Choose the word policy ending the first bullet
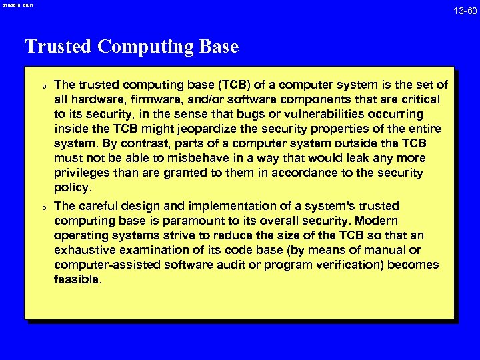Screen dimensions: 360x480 (72, 187)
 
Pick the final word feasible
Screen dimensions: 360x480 (77, 279)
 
